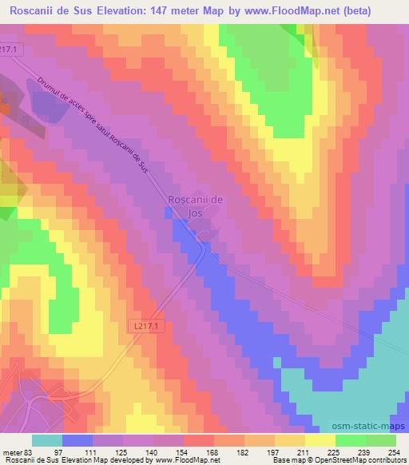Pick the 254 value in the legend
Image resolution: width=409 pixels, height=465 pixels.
point(395,451)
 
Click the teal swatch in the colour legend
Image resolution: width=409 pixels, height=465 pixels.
point(46,440)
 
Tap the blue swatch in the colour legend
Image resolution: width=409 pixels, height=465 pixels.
point(77,440)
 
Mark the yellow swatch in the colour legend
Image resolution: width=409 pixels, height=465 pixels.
point(320,440)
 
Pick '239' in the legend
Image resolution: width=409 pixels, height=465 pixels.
point(365,451)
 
